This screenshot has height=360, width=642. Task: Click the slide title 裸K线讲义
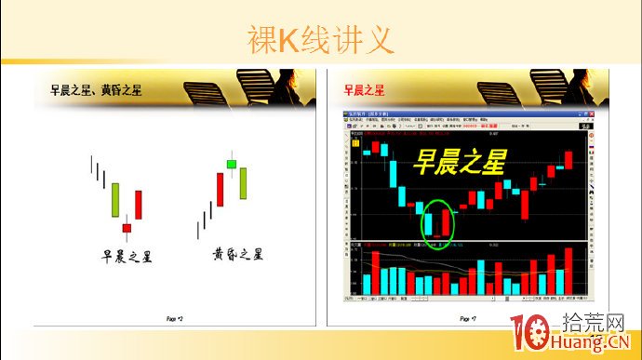(320, 40)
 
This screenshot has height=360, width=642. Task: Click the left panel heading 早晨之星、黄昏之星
(96, 90)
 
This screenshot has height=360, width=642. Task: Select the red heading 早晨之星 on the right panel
(364, 90)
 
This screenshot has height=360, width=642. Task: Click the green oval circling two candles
(437, 224)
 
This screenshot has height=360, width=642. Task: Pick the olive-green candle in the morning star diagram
(115, 199)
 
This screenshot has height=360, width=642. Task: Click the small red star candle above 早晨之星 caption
(127, 227)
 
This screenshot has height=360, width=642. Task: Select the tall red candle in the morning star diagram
(139, 205)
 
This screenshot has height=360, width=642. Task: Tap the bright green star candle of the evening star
(231, 165)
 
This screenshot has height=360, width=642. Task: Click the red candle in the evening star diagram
(221, 189)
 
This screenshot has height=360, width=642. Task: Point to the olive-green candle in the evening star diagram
(243, 182)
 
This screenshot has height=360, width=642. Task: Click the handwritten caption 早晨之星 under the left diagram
(127, 256)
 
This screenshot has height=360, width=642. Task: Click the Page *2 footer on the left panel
(174, 319)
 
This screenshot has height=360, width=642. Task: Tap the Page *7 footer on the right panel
(467, 319)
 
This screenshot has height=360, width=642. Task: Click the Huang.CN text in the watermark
(599, 345)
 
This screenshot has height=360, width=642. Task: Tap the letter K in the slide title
(288, 40)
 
